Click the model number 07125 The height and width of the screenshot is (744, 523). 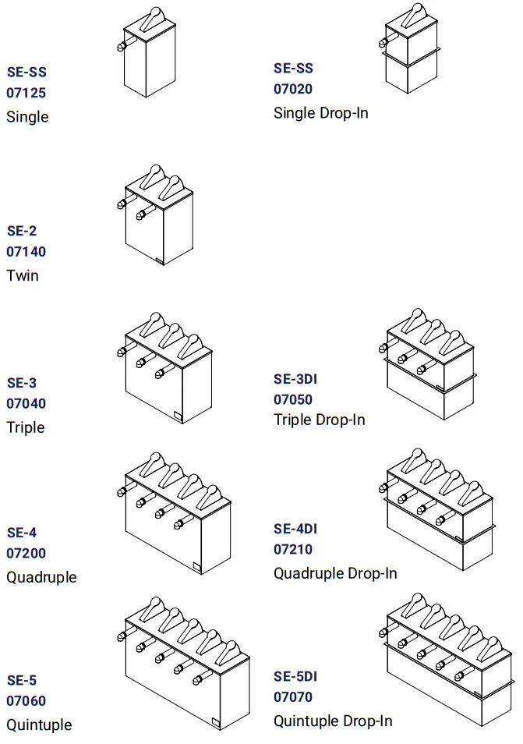pyautogui.click(x=27, y=94)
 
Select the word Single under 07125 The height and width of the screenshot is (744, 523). pyautogui.click(x=27, y=117)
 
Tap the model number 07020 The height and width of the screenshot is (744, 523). pyautogui.click(x=293, y=89)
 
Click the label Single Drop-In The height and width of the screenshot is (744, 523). pyautogui.click(x=321, y=113)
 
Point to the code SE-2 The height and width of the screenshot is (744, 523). pyautogui.click(x=22, y=231)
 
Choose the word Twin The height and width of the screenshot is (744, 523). pyautogui.click(x=23, y=275)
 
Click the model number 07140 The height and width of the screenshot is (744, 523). pyautogui.click(x=27, y=252)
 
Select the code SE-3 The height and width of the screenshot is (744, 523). pyautogui.click(x=22, y=383)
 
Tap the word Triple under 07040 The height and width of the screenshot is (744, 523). pyautogui.click(x=26, y=427)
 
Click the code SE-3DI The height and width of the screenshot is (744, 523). pyautogui.click(x=295, y=379)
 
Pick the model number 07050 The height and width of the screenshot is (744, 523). pyautogui.click(x=293, y=399)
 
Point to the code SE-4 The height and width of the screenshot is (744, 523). pyautogui.click(x=22, y=533)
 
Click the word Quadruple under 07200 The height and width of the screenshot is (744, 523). pyautogui.click(x=41, y=577)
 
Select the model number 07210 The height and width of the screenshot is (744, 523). pyautogui.click(x=293, y=549)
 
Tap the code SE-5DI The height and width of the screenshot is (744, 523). pyautogui.click(x=295, y=676)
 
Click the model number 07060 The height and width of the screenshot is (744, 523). pyautogui.click(x=27, y=701)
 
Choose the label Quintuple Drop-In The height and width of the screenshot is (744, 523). pyautogui.click(x=333, y=721)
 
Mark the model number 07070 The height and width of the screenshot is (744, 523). pyautogui.click(x=293, y=696)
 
